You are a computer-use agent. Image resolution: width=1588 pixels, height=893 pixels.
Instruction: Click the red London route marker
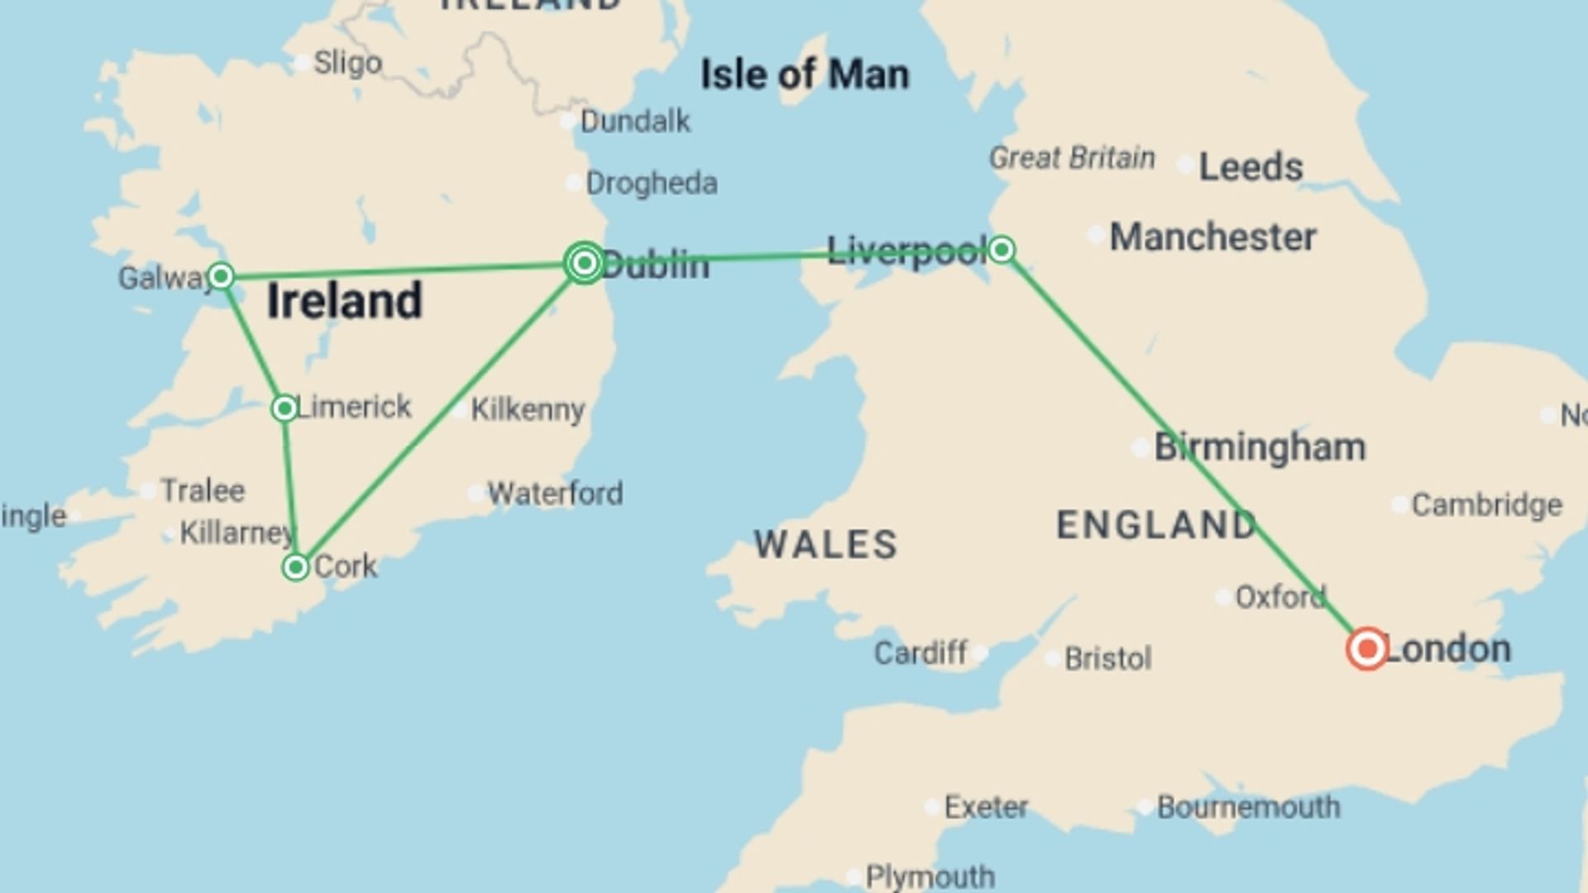point(1366,649)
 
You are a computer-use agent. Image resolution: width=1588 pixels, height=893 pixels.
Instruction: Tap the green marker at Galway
point(221,275)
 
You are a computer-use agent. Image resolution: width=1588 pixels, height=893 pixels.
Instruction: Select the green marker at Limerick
point(285,408)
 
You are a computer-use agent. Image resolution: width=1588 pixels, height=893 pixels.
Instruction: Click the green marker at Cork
point(295,567)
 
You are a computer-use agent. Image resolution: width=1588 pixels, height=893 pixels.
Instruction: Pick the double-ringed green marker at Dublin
point(585,263)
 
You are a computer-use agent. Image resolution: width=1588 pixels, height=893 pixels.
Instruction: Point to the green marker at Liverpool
point(1002,249)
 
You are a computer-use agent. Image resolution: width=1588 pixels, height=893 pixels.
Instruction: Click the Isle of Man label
point(805,74)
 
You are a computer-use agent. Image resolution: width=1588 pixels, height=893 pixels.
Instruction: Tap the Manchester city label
point(1213,237)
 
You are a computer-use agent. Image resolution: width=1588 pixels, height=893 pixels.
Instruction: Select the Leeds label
point(1251,167)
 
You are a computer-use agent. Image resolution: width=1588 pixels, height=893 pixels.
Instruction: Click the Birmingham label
point(1260,447)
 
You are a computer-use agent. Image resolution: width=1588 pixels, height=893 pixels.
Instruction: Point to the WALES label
point(825,545)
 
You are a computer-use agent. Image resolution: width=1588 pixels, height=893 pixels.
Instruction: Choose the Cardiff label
point(921,653)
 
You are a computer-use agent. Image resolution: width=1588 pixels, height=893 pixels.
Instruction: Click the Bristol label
point(1107,659)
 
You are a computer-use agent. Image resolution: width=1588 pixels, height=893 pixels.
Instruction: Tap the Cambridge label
point(1486,504)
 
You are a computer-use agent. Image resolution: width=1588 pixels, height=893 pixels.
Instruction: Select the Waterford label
point(555,494)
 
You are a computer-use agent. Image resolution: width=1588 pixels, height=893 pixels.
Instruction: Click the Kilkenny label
point(528,409)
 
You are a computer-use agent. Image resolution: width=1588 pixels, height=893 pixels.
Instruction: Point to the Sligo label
point(347,63)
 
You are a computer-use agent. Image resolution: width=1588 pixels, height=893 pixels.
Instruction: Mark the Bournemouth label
point(1248,807)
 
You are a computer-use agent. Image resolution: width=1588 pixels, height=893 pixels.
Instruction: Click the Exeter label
point(986,807)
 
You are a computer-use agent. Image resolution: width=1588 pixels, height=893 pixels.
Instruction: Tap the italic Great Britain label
point(1072,157)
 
